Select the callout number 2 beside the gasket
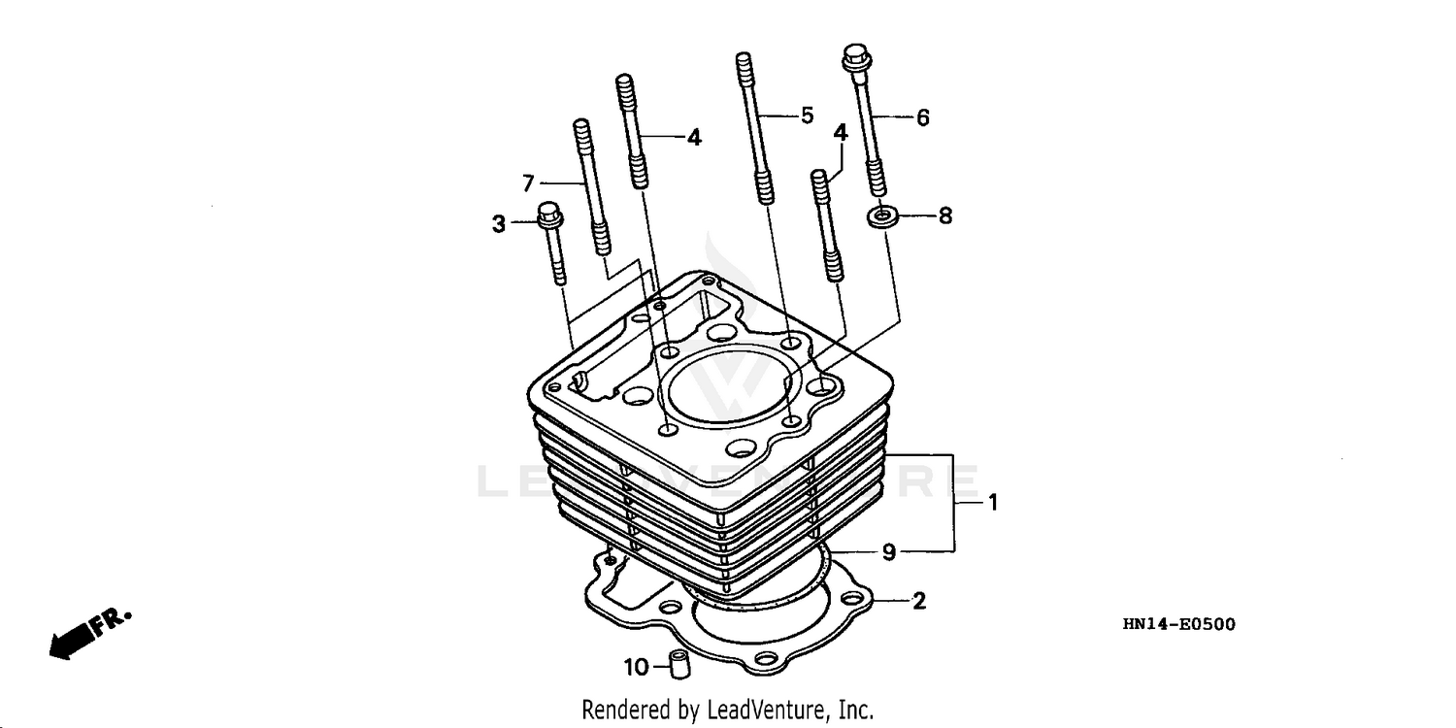(x=919, y=601)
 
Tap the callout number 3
(x=498, y=224)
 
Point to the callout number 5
(x=807, y=116)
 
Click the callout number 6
(x=922, y=117)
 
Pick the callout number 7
(x=529, y=182)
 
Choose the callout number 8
(x=944, y=215)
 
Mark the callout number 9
(x=888, y=552)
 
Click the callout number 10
(x=636, y=667)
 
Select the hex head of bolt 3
(x=549, y=214)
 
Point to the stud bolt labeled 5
(x=753, y=126)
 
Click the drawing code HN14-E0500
(x=1178, y=624)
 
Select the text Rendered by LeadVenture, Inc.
(x=727, y=710)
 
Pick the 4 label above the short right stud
(x=841, y=131)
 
